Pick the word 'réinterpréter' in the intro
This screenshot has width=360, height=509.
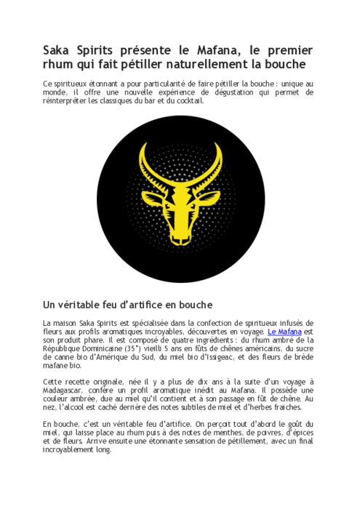click(x=67, y=100)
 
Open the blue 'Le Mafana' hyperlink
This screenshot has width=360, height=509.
click(x=284, y=332)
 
